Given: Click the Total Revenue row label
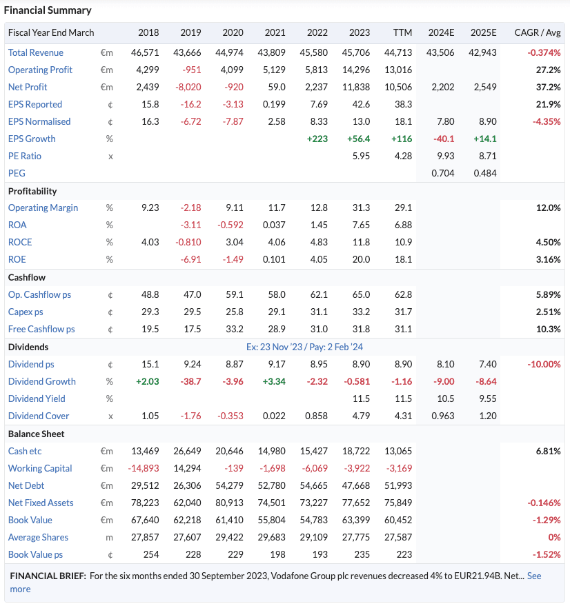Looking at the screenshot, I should click(x=36, y=52).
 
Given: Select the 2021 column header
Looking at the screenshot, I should click(x=275, y=32).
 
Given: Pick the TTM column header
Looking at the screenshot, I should click(x=402, y=32).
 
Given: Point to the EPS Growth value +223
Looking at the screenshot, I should click(x=317, y=139).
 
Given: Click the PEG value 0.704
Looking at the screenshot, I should click(x=442, y=173).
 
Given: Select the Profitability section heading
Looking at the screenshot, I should click(x=32, y=191).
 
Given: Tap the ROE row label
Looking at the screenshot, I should click(x=17, y=259).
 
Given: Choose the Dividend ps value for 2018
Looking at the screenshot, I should click(x=150, y=364).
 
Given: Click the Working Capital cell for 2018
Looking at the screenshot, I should click(x=144, y=468).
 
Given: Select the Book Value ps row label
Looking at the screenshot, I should click(x=35, y=554).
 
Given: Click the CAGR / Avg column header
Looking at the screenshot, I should click(x=538, y=32).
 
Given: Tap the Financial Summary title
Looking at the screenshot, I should click(x=48, y=10).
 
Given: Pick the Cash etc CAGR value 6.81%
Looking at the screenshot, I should click(x=548, y=451).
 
